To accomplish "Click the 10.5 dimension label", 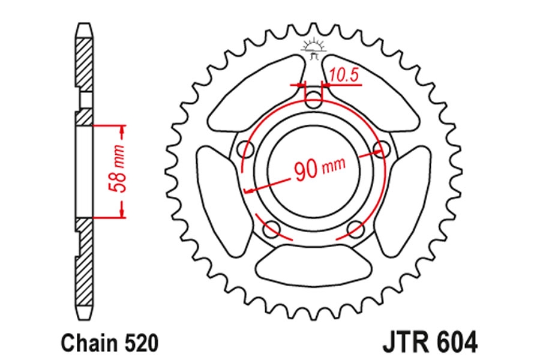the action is [x=344, y=76].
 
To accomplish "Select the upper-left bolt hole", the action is [x=247, y=149].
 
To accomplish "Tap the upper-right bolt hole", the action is [x=381, y=149].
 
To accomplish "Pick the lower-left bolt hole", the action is [x=272, y=228].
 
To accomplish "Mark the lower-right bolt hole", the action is [x=355, y=228].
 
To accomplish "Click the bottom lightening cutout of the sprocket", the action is [x=314, y=265].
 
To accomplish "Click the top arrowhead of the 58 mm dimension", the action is [x=122, y=130].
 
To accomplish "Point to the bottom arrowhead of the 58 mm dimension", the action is [x=122, y=213].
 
